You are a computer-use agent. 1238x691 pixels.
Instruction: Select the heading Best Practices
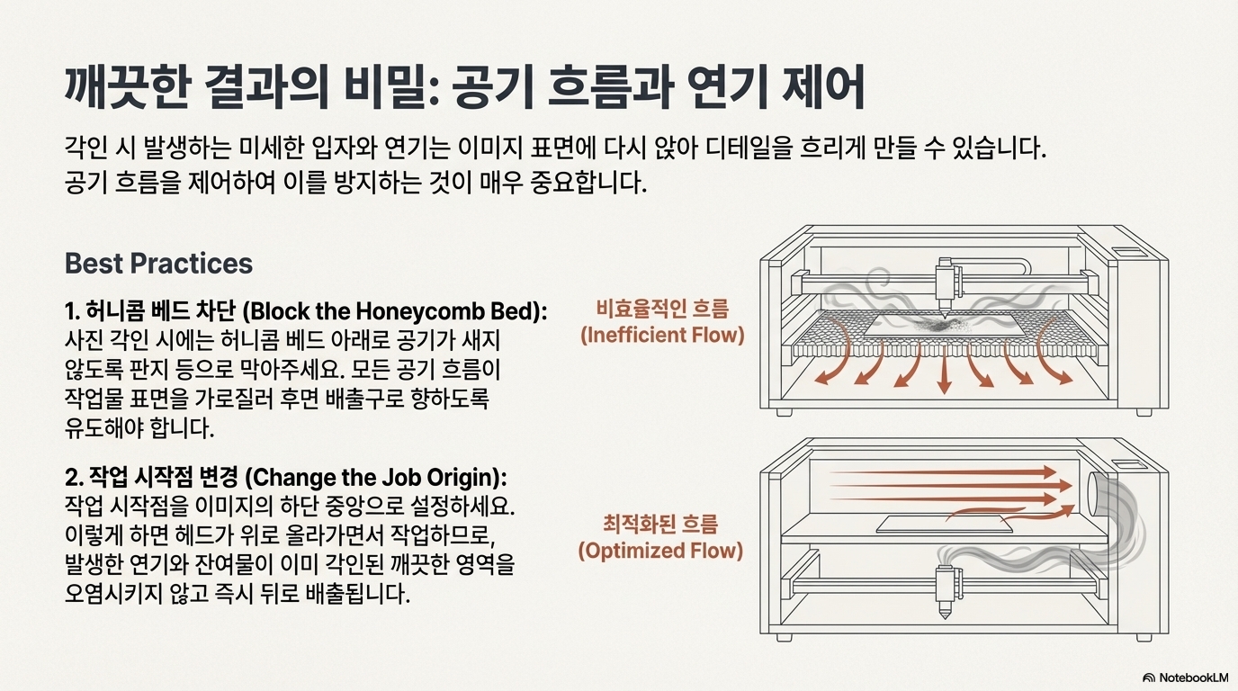(158, 264)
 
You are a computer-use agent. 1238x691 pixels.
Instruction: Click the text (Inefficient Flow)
(662, 336)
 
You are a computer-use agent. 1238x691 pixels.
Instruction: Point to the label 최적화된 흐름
(660, 525)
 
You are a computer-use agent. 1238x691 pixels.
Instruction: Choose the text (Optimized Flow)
(660, 550)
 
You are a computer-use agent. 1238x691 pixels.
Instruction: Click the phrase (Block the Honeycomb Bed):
(396, 311)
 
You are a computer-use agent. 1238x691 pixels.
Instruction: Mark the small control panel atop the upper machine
(1126, 250)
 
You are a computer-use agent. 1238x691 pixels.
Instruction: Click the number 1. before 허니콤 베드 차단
(73, 311)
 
